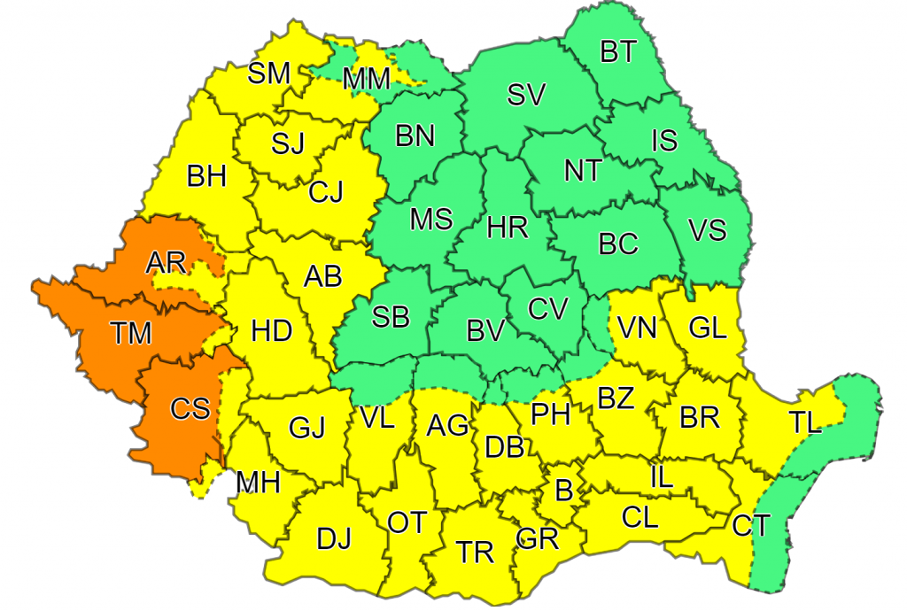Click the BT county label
[x=618, y=52]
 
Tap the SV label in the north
[x=526, y=95]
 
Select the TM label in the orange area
[x=132, y=334]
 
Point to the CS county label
[x=190, y=409]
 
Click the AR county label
[x=166, y=262]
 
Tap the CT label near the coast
[x=751, y=525]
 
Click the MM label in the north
[x=367, y=80]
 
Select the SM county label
[x=268, y=73]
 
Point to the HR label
[x=508, y=228]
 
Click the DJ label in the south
[x=334, y=538]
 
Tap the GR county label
[x=537, y=538]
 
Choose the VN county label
[x=637, y=329]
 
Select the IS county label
[x=664, y=140]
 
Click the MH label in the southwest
[x=258, y=483]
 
